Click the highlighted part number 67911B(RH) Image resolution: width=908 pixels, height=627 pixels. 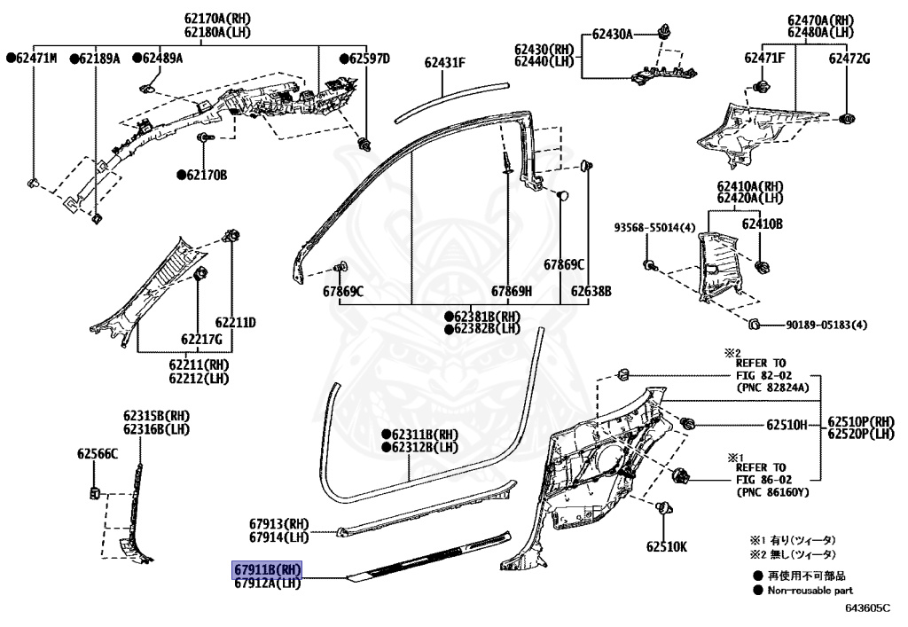(x=268, y=569)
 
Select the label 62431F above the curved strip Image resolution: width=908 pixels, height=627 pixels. (x=444, y=62)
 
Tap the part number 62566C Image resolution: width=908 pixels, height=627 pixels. (x=97, y=454)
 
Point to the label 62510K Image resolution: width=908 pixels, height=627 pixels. (x=666, y=546)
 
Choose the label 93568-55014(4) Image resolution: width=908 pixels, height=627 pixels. (x=654, y=228)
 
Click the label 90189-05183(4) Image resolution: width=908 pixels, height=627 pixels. (x=826, y=325)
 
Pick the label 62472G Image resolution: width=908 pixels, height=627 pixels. (x=849, y=59)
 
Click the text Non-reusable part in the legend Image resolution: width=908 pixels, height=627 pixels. (x=810, y=590)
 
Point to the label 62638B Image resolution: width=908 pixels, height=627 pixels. (x=591, y=291)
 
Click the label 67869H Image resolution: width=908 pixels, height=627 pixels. (x=512, y=291)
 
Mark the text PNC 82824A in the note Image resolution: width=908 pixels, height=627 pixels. (x=772, y=388)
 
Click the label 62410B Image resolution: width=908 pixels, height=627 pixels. (x=763, y=225)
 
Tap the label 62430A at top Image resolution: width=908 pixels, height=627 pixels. (x=613, y=35)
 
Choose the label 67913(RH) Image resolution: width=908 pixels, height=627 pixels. (x=278, y=524)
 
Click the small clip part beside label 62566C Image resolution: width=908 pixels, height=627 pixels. (x=93, y=492)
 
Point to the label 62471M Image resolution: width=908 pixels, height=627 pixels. (x=32, y=59)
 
